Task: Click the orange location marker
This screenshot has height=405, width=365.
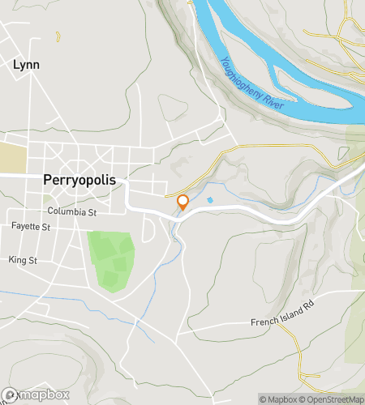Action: [x=182, y=202]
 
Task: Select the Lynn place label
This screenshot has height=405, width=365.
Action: [x=26, y=64]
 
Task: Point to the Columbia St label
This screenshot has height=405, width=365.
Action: [x=71, y=211]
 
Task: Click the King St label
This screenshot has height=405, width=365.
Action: [x=23, y=260]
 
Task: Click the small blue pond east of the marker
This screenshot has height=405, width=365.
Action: [x=211, y=200]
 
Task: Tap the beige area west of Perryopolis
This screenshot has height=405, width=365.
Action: [x=13, y=156]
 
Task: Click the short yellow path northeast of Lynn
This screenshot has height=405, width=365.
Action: [x=58, y=36]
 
